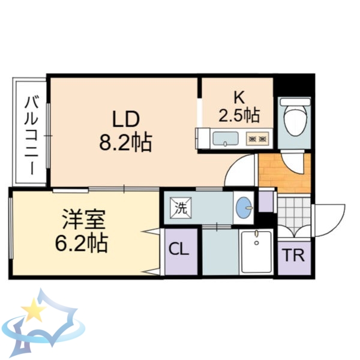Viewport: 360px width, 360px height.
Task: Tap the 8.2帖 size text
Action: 125,143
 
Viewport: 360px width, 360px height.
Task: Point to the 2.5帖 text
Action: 239,115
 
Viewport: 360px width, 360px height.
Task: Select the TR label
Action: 294,256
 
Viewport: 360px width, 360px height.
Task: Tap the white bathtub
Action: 257,253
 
